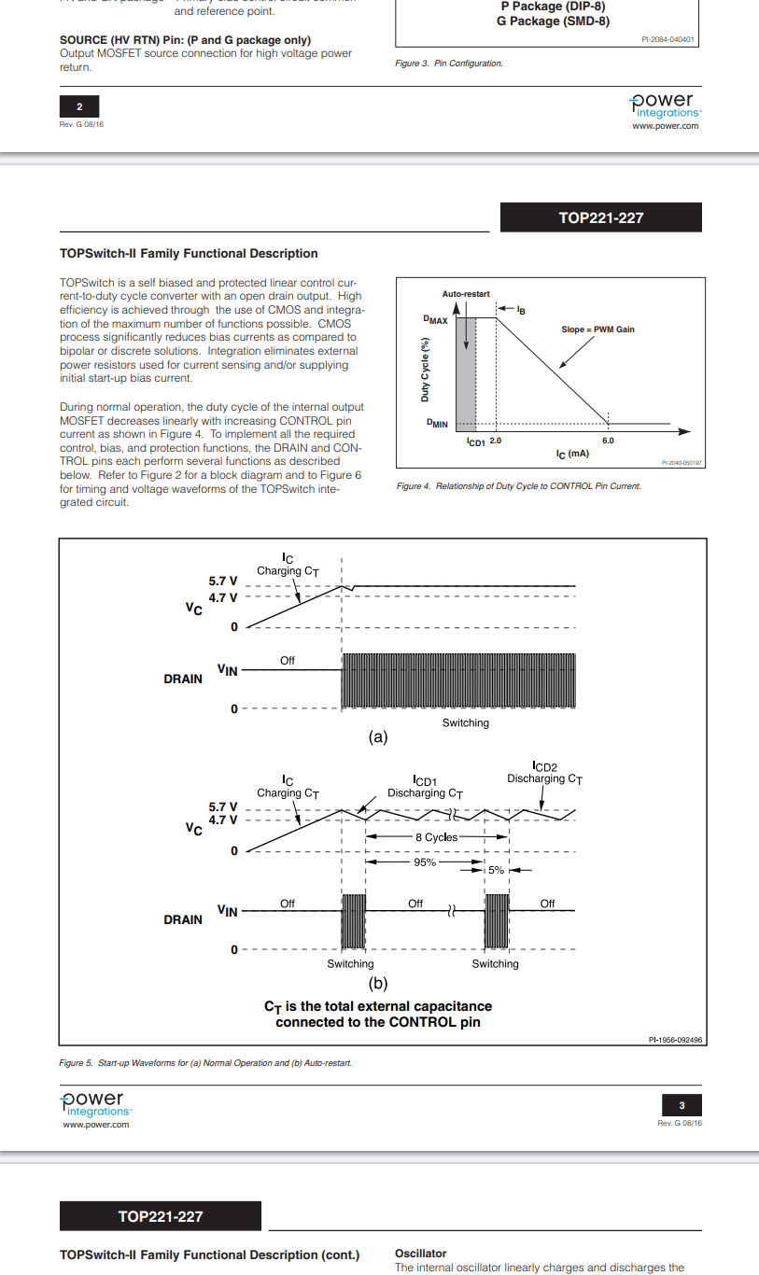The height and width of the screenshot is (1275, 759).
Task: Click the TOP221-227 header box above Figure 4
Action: [x=600, y=217]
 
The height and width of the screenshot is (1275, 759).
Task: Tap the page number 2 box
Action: [x=79, y=107]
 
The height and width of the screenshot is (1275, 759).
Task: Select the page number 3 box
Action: [x=682, y=1106]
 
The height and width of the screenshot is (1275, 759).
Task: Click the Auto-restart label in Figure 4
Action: [x=466, y=294]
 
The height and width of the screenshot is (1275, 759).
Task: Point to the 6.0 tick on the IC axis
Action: [x=608, y=441]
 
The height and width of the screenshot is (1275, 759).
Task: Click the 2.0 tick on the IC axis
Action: [x=496, y=441]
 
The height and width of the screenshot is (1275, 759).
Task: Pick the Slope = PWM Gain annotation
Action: [x=597, y=329]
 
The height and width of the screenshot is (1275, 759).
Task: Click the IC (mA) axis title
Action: [x=572, y=454]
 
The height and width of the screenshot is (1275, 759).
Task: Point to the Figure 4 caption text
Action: [x=518, y=486]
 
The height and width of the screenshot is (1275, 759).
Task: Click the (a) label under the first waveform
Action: [x=378, y=736]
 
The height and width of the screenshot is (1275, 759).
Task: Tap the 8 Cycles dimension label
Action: [x=436, y=837]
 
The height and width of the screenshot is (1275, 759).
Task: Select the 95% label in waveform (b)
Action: [x=425, y=862]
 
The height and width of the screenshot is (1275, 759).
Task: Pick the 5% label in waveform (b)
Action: [x=496, y=870]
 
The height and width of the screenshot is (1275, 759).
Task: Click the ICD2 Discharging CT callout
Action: [x=544, y=773]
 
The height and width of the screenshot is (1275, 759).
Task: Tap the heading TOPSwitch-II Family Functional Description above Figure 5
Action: [x=189, y=253]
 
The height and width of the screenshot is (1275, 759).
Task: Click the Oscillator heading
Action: [x=421, y=1254]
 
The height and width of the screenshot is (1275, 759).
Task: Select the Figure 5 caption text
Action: [x=205, y=1063]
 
